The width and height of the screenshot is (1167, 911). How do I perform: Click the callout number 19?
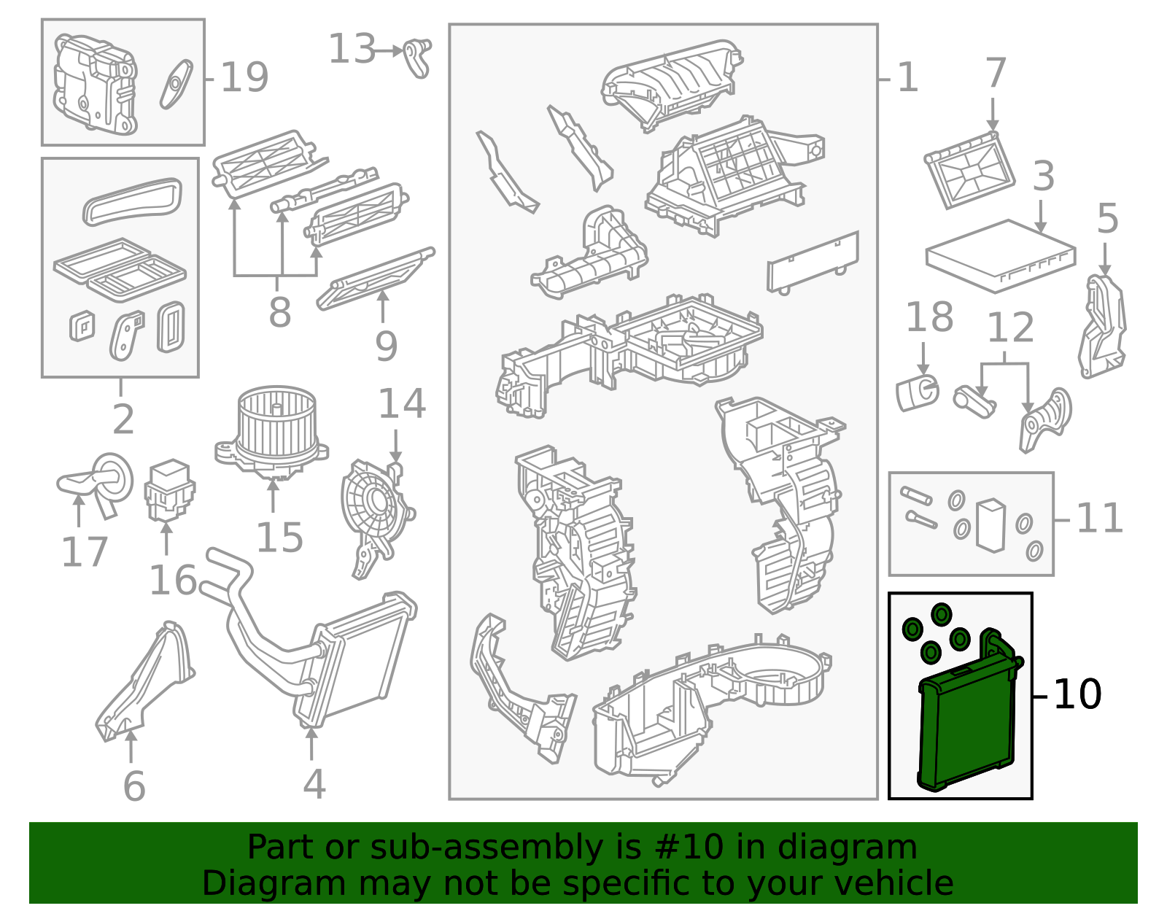coord(244,77)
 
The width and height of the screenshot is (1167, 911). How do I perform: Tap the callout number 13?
coord(352,49)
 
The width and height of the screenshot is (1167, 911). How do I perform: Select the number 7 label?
coord(995,73)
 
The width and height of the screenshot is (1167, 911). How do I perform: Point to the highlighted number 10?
coord(1077,694)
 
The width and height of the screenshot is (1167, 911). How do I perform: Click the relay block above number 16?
coord(170,490)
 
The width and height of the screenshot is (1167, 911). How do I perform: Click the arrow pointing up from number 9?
coord(382,306)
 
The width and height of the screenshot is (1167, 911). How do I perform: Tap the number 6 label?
coord(134,786)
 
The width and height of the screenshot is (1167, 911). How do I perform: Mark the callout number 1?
coord(907,77)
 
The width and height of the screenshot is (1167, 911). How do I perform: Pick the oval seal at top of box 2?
coord(132,201)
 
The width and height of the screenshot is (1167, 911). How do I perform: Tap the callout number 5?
coord(1107,219)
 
